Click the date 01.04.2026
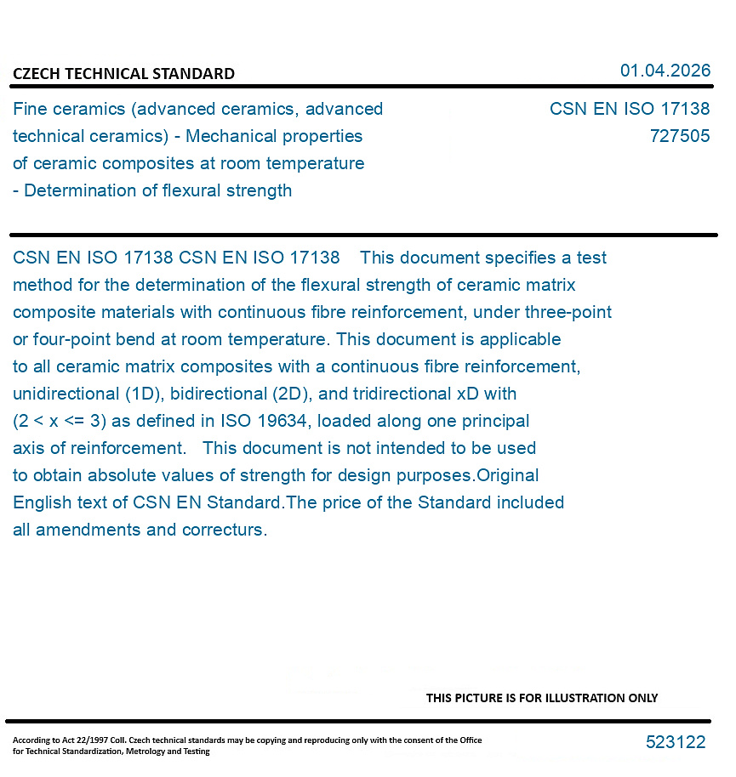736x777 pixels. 665,71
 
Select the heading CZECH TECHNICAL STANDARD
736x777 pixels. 123,74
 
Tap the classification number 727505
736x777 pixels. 679,136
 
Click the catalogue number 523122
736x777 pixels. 676,742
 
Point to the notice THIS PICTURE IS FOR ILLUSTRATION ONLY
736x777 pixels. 542,698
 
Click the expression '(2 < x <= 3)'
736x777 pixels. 67,421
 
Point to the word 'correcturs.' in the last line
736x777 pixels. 225,530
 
